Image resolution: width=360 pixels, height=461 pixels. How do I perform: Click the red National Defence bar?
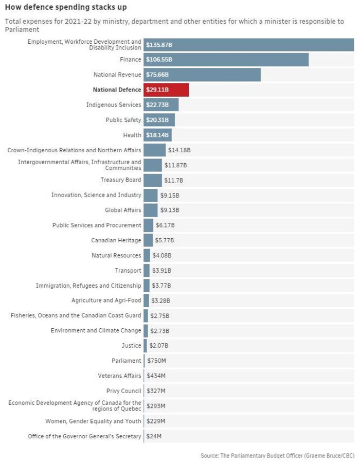click(x=166, y=90)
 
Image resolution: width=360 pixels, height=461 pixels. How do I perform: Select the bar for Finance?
click(x=226, y=60)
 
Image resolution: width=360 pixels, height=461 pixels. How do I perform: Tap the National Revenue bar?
click(x=202, y=75)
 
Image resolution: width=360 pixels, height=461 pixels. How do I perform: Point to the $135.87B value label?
click(x=159, y=45)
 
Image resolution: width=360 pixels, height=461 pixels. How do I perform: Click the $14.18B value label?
click(x=179, y=150)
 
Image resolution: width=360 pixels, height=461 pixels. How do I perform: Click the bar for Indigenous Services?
click(x=161, y=105)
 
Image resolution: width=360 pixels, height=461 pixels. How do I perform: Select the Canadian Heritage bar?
click(x=148, y=240)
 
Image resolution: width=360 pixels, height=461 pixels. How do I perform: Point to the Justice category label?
click(x=131, y=346)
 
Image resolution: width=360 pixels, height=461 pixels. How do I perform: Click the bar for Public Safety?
click(x=159, y=120)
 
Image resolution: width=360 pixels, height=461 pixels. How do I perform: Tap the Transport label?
click(x=128, y=271)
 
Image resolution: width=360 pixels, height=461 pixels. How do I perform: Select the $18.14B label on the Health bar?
click(x=157, y=135)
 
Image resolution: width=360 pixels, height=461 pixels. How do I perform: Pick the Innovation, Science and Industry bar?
click(x=150, y=196)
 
